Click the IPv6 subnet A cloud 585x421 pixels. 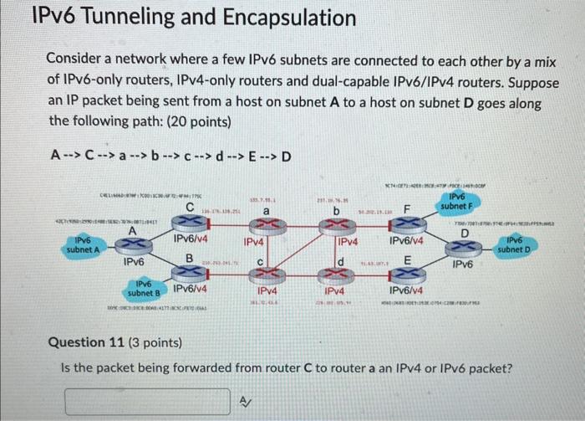coord(83,247)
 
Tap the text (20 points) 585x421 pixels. coord(199,121)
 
